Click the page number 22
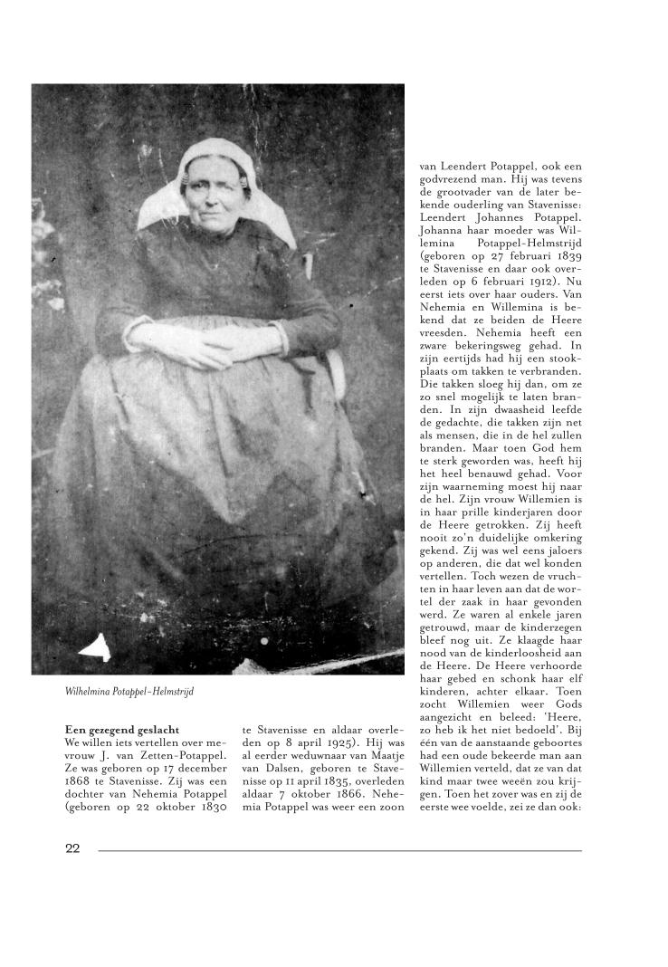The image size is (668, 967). pos(72,848)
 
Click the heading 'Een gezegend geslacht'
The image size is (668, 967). pos(123,729)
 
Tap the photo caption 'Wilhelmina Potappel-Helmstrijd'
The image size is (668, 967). pos(130,692)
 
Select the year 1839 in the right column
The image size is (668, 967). pos(566,255)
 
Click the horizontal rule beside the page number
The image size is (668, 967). pos(339,850)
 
